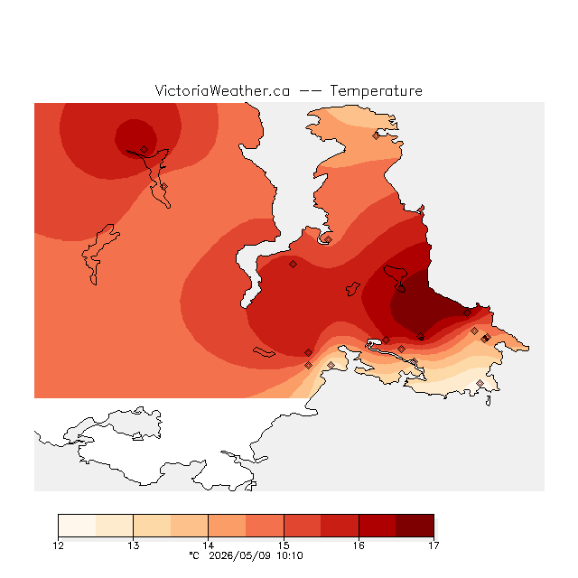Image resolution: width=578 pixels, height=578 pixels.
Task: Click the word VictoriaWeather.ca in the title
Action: coord(222,90)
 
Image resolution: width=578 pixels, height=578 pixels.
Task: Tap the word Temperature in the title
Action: coord(376,90)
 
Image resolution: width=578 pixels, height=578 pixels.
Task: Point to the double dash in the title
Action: coord(310,90)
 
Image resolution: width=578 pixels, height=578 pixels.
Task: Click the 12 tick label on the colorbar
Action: coord(58,545)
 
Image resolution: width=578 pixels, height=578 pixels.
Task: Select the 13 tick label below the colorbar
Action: coord(134,545)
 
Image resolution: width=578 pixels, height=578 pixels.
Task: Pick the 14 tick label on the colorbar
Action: coord(209,545)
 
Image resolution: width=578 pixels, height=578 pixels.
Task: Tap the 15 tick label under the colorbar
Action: coord(284,545)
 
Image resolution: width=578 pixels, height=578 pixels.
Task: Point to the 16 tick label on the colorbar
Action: coord(359,545)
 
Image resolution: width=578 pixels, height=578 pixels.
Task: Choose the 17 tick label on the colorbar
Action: coord(433,545)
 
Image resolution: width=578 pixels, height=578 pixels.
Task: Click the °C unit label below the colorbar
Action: coord(194,555)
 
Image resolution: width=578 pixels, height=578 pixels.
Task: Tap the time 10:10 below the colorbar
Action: coord(290,555)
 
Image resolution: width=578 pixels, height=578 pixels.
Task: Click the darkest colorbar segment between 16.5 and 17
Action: coord(415,526)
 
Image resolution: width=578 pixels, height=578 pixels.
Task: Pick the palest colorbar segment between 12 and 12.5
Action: coord(77,526)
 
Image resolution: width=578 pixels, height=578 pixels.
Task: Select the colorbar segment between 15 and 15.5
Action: coord(303,526)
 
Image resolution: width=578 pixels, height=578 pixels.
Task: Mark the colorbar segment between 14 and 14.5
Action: coord(227,526)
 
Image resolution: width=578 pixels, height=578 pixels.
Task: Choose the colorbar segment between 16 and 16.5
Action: coord(378,526)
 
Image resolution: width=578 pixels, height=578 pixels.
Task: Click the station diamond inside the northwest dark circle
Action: coord(144,149)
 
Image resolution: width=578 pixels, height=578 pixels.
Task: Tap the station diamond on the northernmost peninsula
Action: coord(376,136)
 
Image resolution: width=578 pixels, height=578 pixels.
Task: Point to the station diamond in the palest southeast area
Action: coord(480,383)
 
